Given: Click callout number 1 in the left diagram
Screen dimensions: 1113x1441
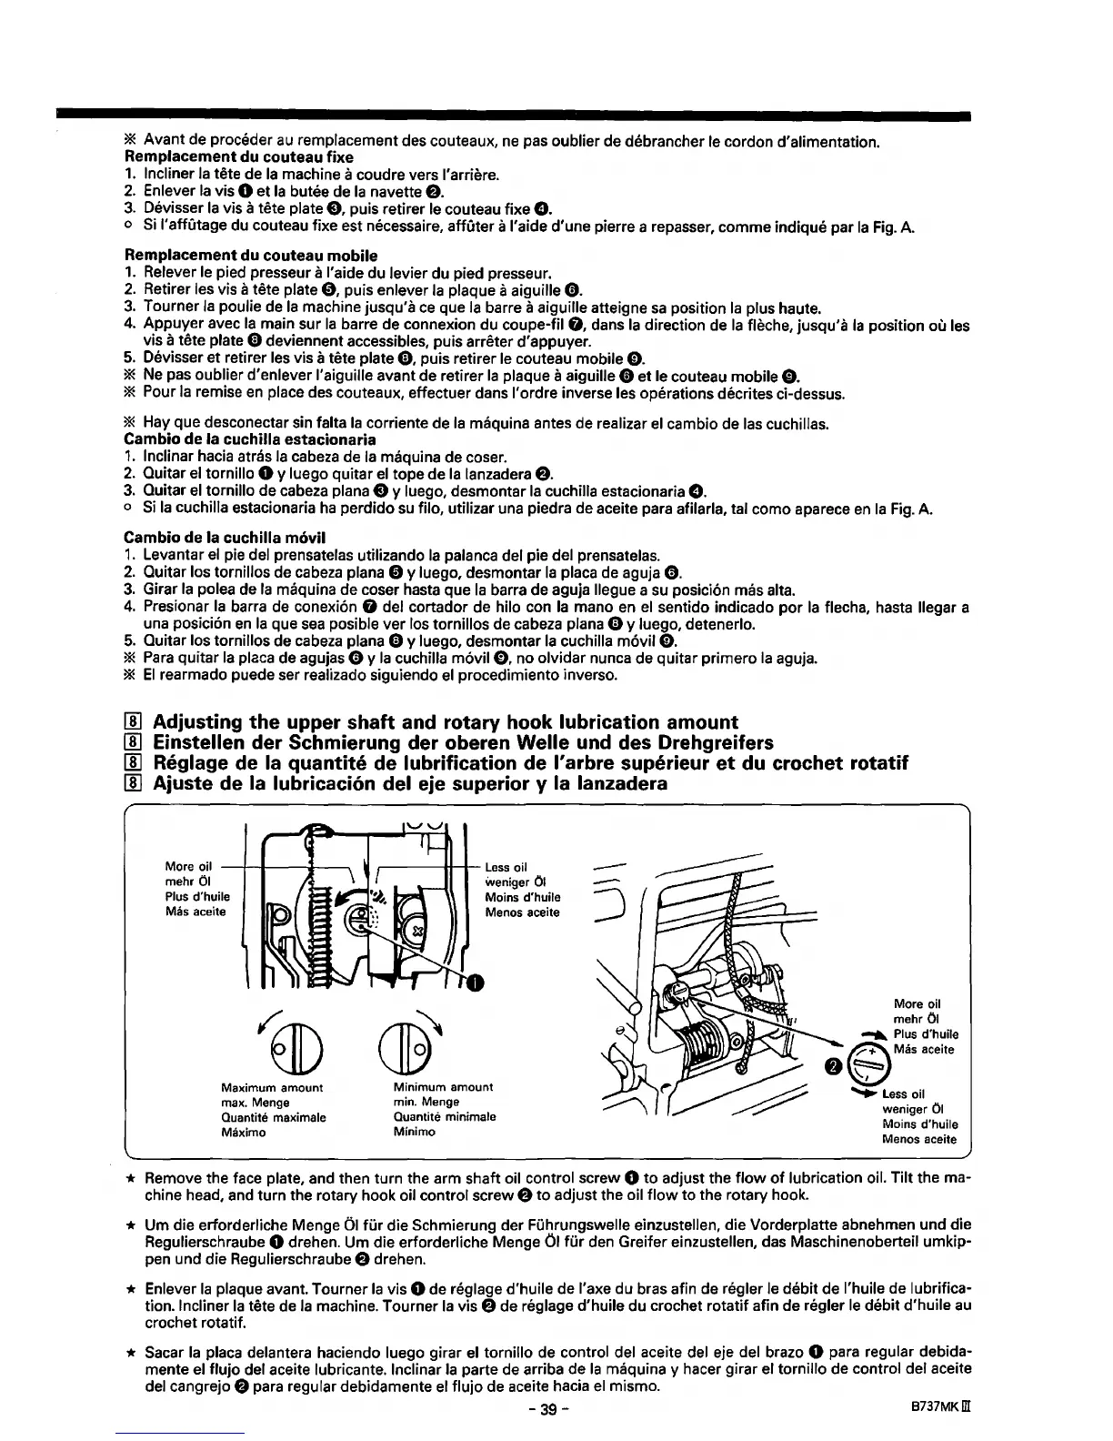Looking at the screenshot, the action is click(475, 982).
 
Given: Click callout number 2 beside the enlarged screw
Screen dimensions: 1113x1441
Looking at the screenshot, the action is click(833, 1066).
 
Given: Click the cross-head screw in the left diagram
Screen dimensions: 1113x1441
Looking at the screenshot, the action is click(417, 931).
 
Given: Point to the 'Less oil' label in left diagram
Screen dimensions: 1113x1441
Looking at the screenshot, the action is click(506, 867).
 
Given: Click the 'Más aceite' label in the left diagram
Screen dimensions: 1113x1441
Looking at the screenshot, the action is click(196, 912).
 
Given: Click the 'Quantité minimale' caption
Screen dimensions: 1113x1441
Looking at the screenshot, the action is click(444, 1117).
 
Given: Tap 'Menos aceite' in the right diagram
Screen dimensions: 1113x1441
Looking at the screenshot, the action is click(918, 1139).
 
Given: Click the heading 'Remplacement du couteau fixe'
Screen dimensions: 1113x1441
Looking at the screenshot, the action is click(238, 157).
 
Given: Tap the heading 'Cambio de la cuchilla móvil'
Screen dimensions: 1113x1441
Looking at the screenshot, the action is click(225, 537).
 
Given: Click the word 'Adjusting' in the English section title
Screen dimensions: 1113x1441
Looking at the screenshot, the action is click(197, 722).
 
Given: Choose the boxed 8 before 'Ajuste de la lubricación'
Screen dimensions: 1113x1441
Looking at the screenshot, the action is click(133, 783).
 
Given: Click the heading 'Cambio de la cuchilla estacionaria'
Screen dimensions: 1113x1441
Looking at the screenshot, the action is click(250, 439).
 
